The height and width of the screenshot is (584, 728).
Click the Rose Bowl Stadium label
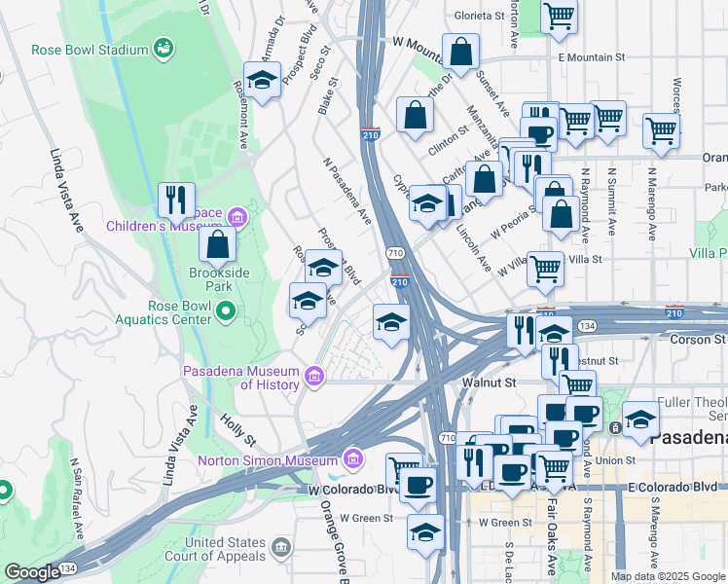coord(90,49)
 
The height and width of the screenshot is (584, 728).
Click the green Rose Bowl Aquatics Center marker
coord(226,311)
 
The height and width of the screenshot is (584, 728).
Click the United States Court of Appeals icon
coord(281,549)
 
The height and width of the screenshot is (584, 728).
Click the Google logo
coord(33,572)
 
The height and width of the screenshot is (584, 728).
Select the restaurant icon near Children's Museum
coord(176,200)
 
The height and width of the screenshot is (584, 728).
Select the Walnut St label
coord(489,383)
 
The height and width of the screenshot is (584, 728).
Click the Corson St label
coord(698,339)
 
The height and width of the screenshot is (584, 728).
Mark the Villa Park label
coord(708,253)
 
